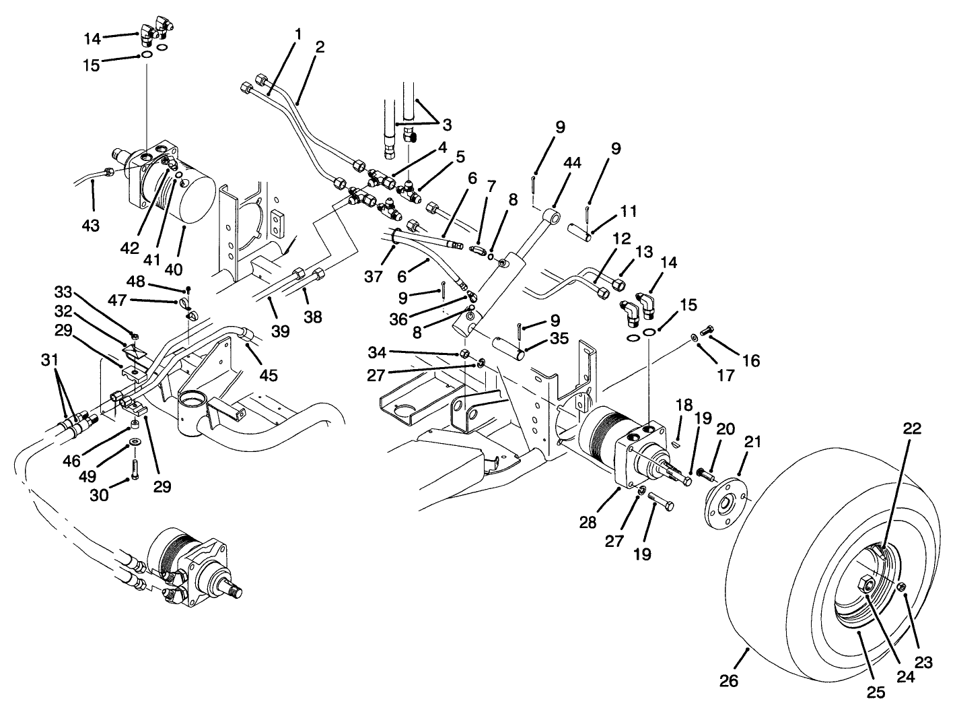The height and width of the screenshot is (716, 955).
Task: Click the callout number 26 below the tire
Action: [729, 680]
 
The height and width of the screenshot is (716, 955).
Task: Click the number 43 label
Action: [90, 225]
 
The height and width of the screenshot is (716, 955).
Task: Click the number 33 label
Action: [63, 292]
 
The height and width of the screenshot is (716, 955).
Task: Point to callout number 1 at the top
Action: [297, 32]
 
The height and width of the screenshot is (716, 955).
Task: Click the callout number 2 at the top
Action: [320, 47]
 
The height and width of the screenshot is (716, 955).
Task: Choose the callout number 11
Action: [629, 211]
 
